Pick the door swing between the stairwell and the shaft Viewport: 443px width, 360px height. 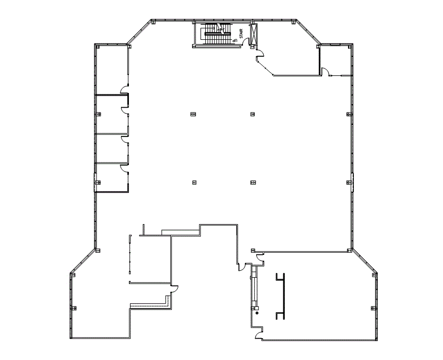click(x=245, y=43)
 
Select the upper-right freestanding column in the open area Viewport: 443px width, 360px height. click(x=253, y=114)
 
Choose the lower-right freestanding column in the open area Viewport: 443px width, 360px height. click(x=253, y=183)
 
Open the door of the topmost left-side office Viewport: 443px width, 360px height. click(x=125, y=89)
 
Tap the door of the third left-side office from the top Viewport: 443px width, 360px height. click(x=125, y=139)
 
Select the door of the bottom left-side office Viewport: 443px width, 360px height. click(x=125, y=169)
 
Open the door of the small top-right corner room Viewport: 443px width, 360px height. click(x=326, y=72)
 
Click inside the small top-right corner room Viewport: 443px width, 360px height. click(x=336, y=59)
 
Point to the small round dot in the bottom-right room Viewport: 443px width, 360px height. click(x=257, y=313)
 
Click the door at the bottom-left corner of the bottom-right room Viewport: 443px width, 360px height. click(x=258, y=334)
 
